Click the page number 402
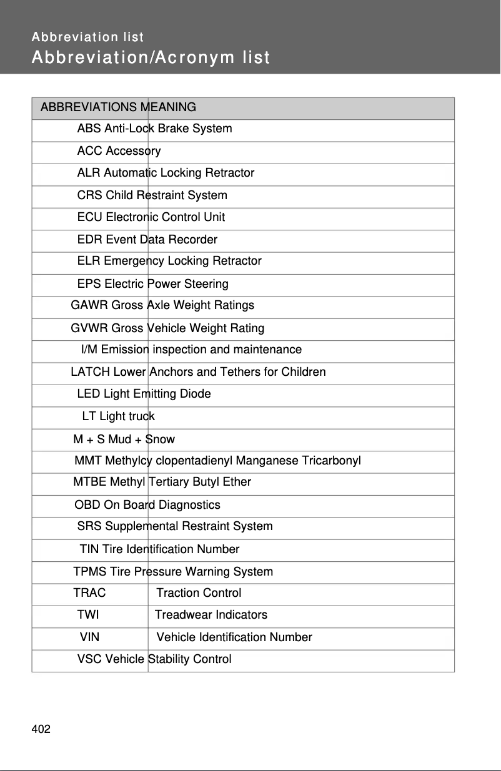click(x=41, y=729)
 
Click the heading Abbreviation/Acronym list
click(x=151, y=58)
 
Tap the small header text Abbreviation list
click(x=87, y=37)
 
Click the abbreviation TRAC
click(x=89, y=592)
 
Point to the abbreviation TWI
click(x=88, y=615)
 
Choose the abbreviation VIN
click(x=89, y=637)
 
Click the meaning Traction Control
click(x=199, y=592)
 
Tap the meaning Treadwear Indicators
click(x=211, y=615)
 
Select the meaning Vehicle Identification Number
click(x=234, y=637)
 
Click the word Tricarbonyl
click(x=331, y=461)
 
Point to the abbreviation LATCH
click(x=91, y=372)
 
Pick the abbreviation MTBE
click(x=90, y=482)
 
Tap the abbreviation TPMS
click(x=90, y=572)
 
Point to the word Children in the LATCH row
click(x=304, y=372)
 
